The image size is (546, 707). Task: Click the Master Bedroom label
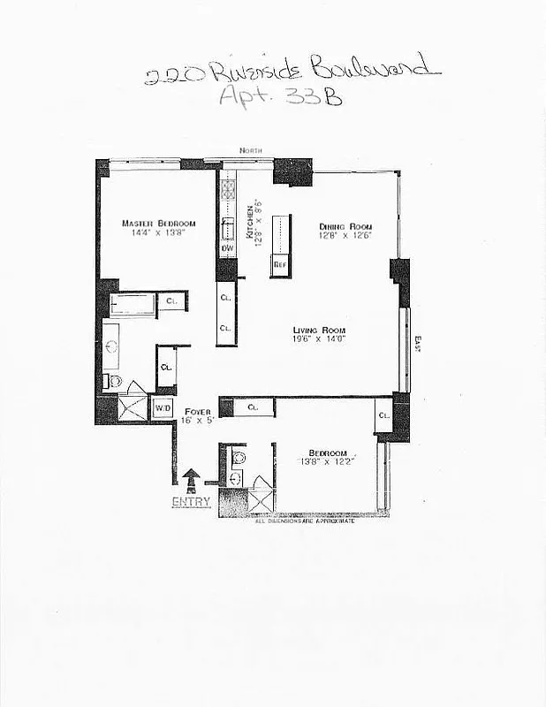(158, 223)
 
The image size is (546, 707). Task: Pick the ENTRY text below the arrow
(192, 502)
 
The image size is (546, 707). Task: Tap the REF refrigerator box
(280, 264)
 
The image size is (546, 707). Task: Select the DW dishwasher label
(227, 248)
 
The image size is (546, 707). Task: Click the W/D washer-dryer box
(163, 408)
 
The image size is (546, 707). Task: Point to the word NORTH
(250, 152)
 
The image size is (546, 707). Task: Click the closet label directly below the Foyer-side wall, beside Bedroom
(253, 407)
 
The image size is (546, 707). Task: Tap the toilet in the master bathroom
(113, 380)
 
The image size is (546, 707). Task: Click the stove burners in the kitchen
(227, 191)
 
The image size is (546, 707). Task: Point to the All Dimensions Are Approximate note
(305, 522)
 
